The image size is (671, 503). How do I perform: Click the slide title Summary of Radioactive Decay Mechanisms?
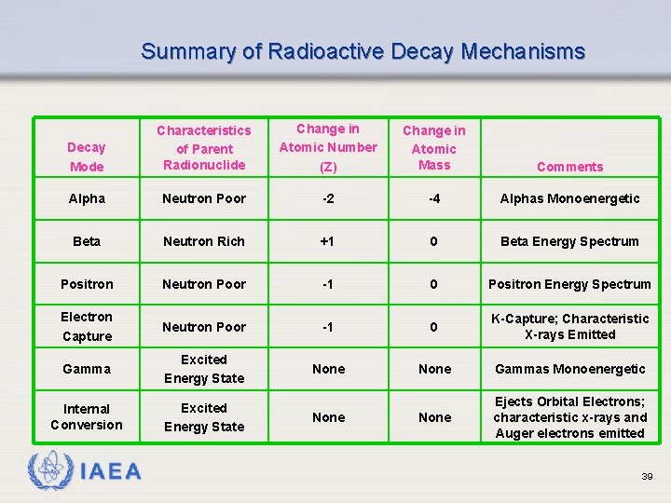pos(363,51)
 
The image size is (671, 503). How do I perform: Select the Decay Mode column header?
pos(87,156)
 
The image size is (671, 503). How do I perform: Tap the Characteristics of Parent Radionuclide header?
pos(204,147)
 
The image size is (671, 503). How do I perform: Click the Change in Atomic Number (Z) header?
pos(328,147)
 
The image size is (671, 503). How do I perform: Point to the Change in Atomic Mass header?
pos(434,147)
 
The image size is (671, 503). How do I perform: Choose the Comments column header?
pos(569,167)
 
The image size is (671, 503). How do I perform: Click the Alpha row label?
pos(87,198)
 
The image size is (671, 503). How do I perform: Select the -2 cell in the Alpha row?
pos(328,198)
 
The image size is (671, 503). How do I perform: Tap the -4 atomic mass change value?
pos(434,198)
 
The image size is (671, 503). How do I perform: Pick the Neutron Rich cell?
pos(204,241)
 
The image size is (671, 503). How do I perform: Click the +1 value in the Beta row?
pos(328,241)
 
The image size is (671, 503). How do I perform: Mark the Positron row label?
pos(87,284)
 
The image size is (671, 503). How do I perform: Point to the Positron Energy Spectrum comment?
pos(569,284)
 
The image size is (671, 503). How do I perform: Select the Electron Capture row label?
pos(87,327)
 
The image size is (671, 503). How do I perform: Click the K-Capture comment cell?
pos(569,327)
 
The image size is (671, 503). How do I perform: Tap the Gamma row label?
pos(87,369)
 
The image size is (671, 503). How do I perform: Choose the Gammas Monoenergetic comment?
pos(569,369)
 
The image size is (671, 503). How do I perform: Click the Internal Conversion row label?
pos(87,416)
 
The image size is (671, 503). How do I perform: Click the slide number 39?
pos(647,476)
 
